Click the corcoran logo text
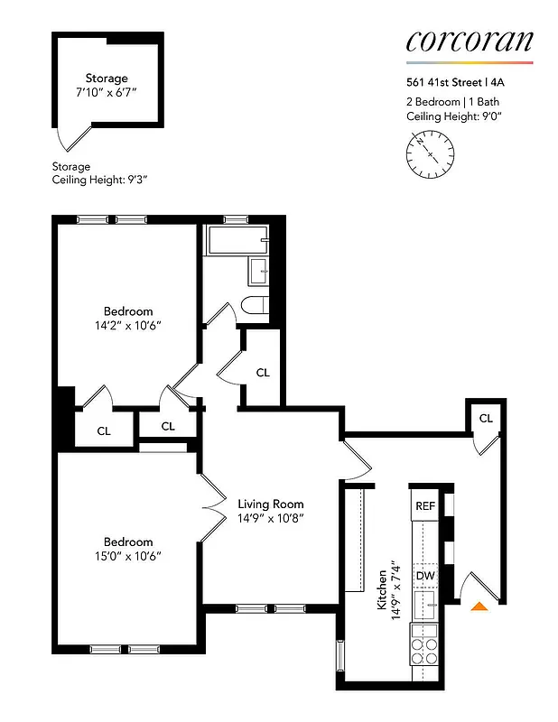click(x=469, y=42)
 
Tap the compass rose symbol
click(x=428, y=154)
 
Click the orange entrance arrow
click(x=479, y=606)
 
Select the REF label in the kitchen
click(x=424, y=506)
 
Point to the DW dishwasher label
click(x=424, y=575)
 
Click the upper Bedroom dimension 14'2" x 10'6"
click(x=127, y=325)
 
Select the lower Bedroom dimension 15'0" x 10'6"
click(x=127, y=556)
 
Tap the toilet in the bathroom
click(x=256, y=305)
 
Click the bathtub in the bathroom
click(x=237, y=241)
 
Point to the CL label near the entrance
click(x=486, y=418)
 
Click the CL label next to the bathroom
click(x=263, y=372)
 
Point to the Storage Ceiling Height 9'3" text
click(x=99, y=180)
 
